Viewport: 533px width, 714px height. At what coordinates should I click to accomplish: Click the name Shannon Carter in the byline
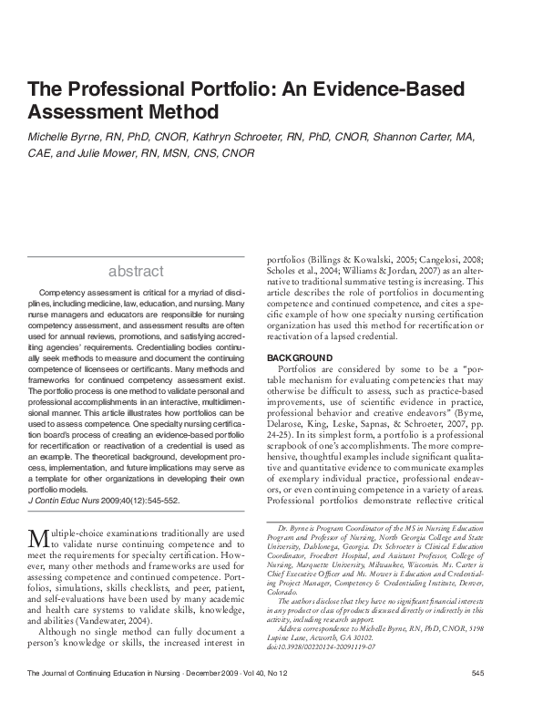[x=415, y=137]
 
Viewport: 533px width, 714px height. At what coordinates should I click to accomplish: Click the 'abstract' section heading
[x=136, y=271]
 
